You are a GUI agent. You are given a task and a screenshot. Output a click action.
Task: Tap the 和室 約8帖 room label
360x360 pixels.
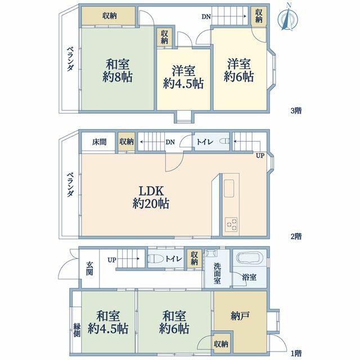click(118, 70)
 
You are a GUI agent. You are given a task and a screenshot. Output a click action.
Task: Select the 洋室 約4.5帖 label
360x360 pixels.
click(183, 77)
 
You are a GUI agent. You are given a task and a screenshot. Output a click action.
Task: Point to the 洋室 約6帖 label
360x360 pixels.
click(238, 70)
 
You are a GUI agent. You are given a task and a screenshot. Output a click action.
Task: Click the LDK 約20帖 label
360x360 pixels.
click(151, 197)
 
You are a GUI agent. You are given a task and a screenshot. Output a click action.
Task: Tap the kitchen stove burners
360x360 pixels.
click(231, 224)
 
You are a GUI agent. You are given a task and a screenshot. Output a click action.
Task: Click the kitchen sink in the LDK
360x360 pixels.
click(229, 188)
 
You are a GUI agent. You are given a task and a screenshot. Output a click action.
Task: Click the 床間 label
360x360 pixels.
click(99, 142)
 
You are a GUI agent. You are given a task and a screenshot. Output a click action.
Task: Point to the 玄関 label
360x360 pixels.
click(89, 268)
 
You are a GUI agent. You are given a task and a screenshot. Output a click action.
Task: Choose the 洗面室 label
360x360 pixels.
click(217, 273)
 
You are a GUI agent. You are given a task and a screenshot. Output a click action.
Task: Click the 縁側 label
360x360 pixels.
click(77, 330)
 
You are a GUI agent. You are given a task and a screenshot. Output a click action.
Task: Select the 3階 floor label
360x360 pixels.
click(296, 111)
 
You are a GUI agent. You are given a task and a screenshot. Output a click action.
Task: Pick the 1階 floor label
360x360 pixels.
click(296, 353)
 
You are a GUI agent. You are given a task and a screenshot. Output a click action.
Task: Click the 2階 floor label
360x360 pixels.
click(296, 236)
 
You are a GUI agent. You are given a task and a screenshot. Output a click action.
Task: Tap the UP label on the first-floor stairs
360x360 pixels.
click(112, 260)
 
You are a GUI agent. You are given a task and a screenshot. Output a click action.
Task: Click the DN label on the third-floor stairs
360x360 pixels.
click(206, 16)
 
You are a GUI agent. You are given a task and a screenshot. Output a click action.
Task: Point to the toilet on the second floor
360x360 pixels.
click(224, 141)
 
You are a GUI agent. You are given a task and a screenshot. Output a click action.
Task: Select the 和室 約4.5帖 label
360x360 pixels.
click(108, 322)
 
